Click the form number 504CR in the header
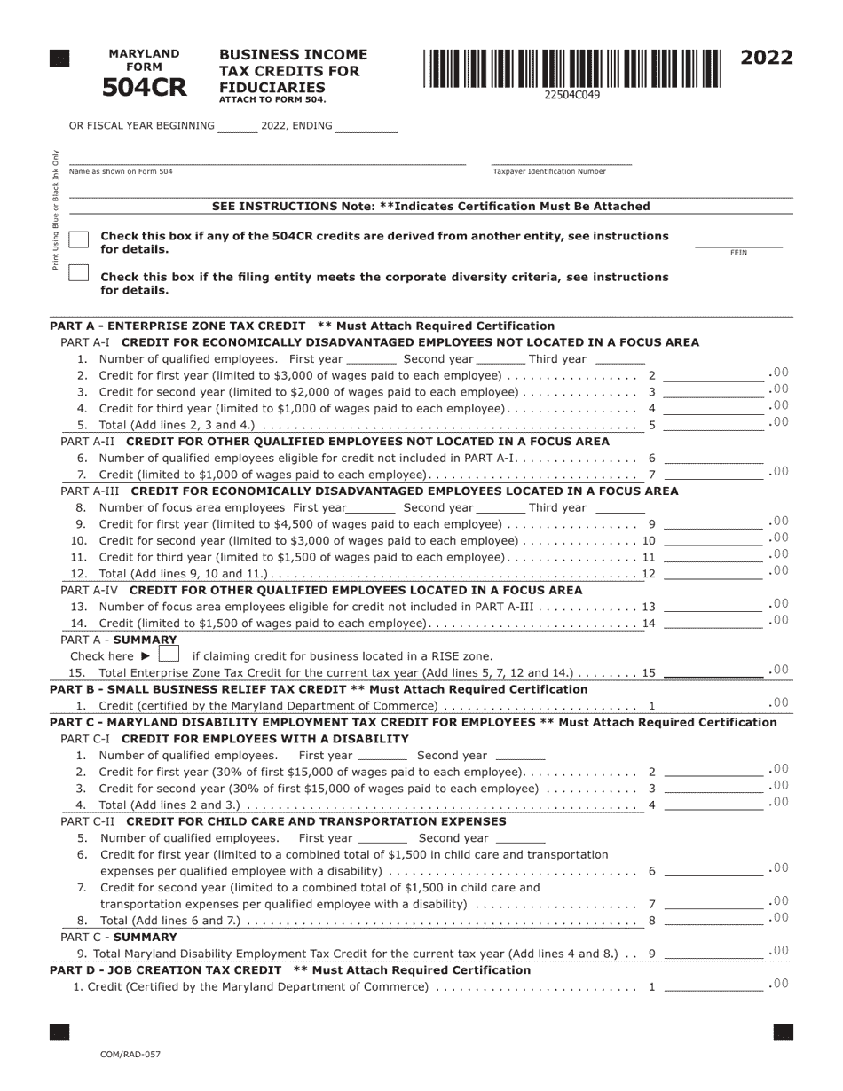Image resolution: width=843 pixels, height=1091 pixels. [144, 87]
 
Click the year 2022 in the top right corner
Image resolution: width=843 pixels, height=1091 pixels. [766, 59]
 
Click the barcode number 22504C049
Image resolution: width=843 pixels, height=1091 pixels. [571, 95]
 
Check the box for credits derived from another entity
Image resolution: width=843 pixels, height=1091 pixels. [79, 240]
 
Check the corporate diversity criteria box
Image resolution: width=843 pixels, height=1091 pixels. [79, 273]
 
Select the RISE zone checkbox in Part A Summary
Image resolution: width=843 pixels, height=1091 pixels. [169, 655]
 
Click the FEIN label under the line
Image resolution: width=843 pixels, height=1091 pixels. [738, 253]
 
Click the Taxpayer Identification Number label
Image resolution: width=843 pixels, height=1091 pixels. [549, 171]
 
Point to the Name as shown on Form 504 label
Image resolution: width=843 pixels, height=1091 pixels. [121, 171]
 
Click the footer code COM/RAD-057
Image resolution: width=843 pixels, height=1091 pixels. [130, 1054]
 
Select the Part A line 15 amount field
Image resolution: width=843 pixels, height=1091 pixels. [713, 671]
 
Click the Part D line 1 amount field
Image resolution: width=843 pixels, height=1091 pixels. [713, 985]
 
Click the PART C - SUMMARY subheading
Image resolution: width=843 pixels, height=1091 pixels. [119, 937]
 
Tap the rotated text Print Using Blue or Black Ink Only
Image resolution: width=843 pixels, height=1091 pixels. [56, 209]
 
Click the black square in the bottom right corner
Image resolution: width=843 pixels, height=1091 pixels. [783, 1032]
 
